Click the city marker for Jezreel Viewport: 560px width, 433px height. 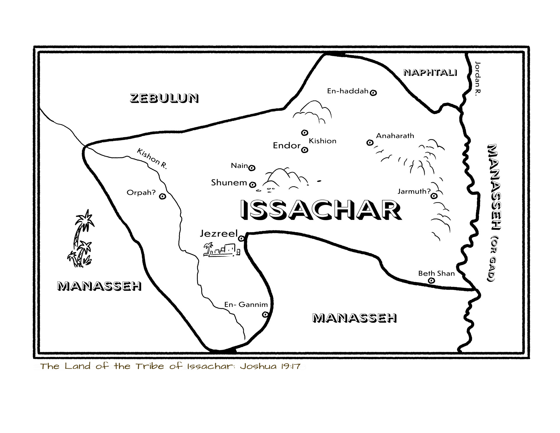[x=241, y=239]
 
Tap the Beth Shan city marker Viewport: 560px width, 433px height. [x=431, y=281]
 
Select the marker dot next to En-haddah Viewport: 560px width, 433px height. [x=373, y=93]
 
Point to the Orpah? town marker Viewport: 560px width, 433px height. [x=162, y=196]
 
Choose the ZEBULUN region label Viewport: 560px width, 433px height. [x=164, y=98]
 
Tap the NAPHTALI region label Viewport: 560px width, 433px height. [x=430, y=73]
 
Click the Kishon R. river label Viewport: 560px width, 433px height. [x=152, y=159]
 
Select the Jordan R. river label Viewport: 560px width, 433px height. [x=477, y=77]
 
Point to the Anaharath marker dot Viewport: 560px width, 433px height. [x=370, y=143]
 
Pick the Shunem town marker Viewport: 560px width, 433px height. [x=253, y=185]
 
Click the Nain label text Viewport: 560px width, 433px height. [x=239, y=166]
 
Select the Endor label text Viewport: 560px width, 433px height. [x=286, y=145]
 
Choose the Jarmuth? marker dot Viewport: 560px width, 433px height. [x=434, y=196]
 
